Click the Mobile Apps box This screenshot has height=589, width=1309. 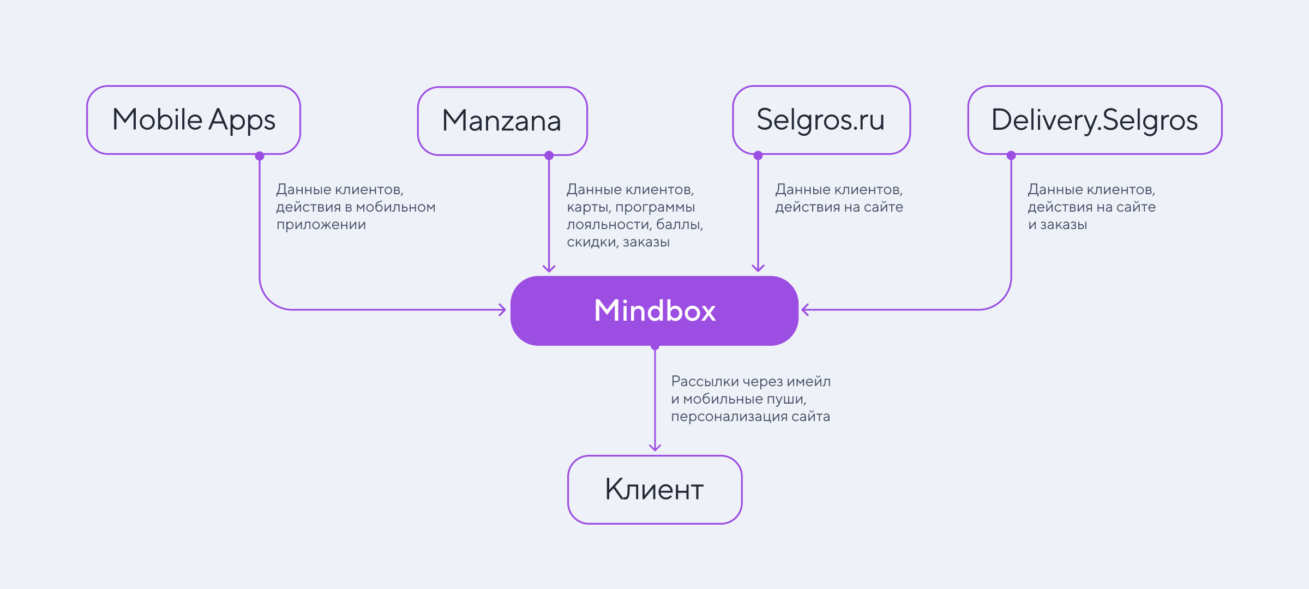pos(194,120)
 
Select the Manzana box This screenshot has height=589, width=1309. pos(502,121)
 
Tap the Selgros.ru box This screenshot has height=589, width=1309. pos(821,120)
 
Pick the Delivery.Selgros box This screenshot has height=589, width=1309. pos(1095,120)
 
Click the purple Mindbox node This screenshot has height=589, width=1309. pos(654,310)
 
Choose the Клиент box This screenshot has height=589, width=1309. pos(654,489)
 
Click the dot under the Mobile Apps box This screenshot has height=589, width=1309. pos(260,156)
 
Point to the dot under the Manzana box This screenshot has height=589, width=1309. pos(549,155)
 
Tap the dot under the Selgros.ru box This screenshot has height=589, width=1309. pos(758,155)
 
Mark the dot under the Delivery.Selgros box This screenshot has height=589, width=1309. pos(1011,155)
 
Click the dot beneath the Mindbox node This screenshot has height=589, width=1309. pos(655,346)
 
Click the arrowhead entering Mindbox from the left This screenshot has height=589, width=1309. pos(503,310)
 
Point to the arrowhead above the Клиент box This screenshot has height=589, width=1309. pos(655,448)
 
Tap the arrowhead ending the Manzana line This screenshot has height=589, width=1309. pos(549,268)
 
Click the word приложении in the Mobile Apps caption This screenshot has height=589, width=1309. pos(321,225)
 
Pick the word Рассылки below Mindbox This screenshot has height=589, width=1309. pos(705,382)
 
